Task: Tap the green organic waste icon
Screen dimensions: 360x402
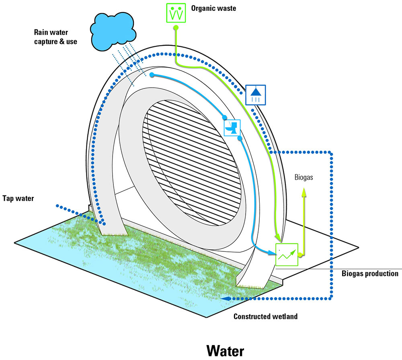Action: pyautogui.click(x=175, y=12)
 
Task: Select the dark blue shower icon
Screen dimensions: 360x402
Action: pyautogui.click(x=255, y=95)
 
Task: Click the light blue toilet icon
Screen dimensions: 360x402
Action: pyautogui.click(x=232, y=128)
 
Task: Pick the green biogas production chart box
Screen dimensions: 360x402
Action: pyautogui.click(x=287, y=254)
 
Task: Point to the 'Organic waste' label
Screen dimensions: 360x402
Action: pyautogui.click(x=213, y=8)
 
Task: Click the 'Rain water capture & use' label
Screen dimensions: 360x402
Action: pyautogui.click(x=55, y=37)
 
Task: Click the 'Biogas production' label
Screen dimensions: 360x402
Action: pyautogui.click(x=370, y=274)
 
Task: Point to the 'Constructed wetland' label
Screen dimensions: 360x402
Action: pyautogui.click(x=265, y=316)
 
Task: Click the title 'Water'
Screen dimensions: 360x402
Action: pyautogui.click(x=225, y=350)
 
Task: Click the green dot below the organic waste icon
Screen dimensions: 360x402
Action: pyautogui.click(x=176, y=27)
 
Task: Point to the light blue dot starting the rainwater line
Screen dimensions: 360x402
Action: pyautogui.click(x=152, y=75)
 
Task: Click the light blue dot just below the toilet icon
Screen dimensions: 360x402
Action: pyautogui.click(x=240, y=138)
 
